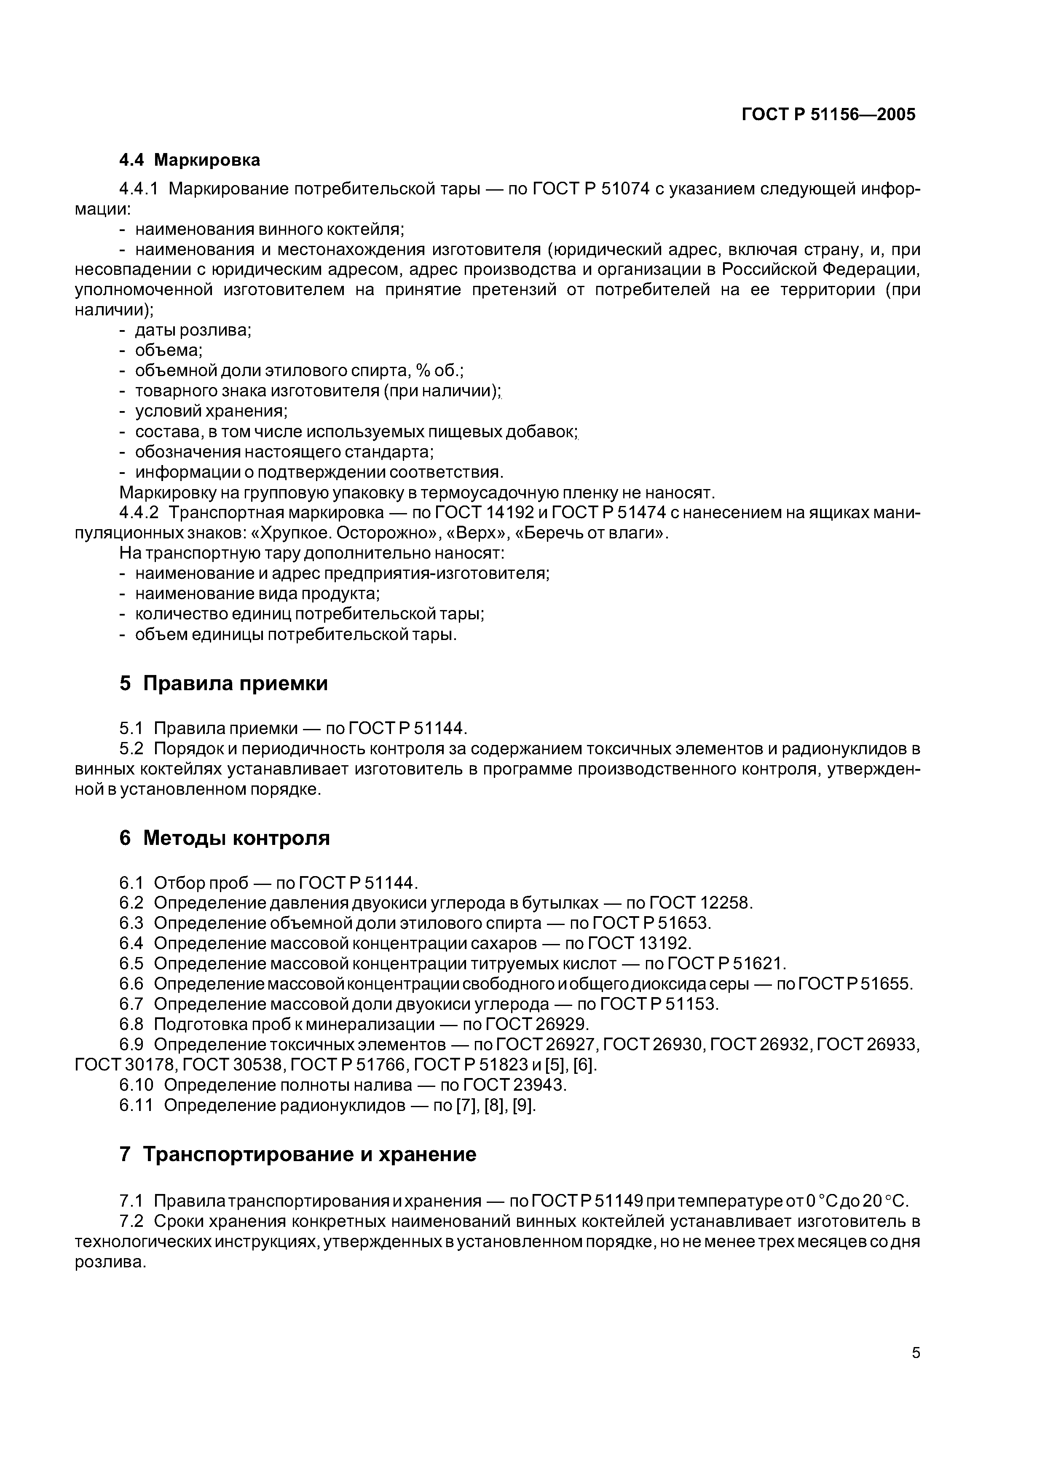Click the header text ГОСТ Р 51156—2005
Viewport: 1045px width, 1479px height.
(x=828, y=115)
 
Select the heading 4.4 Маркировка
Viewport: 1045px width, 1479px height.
(x=190, y=160)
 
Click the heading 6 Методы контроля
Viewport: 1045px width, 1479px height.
(x=224, y=838)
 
